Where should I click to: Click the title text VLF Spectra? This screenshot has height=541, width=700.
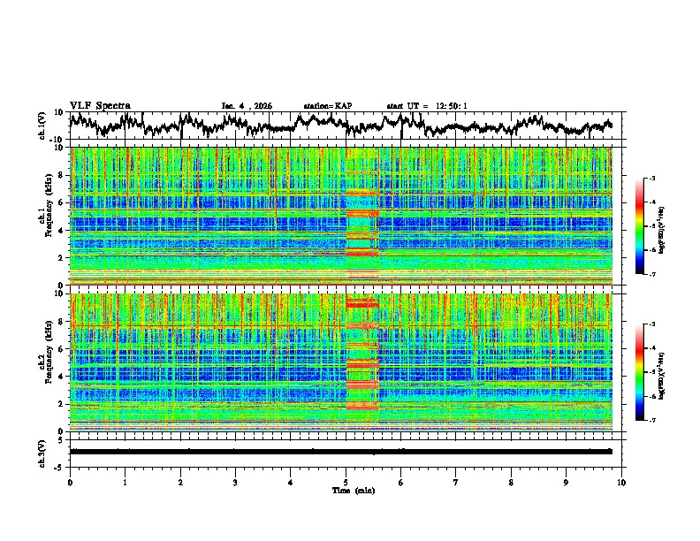coord(100,105)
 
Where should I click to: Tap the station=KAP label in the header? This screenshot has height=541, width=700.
coord(327,106)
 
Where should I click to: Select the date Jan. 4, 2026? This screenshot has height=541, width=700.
coord(247,106)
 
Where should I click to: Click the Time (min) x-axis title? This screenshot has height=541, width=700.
coord(345,489)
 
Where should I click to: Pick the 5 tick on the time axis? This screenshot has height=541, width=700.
coord(346,481)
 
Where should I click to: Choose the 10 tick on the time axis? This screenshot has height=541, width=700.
coord(621,481)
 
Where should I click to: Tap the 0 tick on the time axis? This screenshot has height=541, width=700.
coord(70,481)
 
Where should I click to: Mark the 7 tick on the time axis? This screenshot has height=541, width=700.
coord(456,481)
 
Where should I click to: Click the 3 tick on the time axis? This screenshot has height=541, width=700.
coord(235,481)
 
